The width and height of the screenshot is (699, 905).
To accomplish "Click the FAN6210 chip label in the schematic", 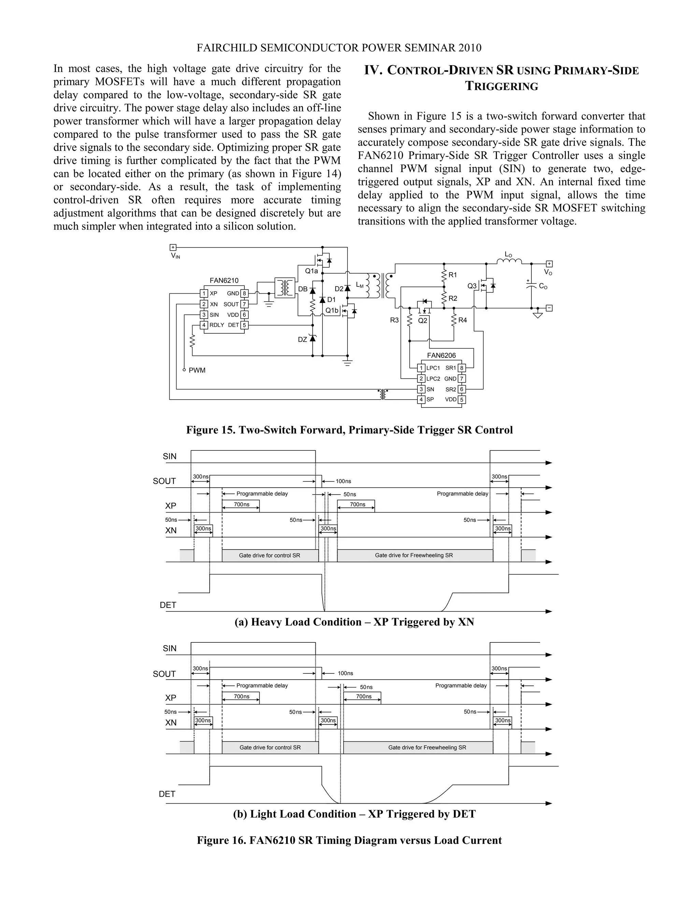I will (x=224, y=280).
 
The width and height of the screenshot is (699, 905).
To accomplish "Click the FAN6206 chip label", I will (x=441, y=355).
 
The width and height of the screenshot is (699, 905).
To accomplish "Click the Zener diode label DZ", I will (x=302, y=339).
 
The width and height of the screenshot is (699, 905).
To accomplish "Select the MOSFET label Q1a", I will (x=311, y=271).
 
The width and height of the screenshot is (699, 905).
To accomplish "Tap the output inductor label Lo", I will (x=508, y=254).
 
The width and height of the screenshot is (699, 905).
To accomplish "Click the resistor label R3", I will (x=394, y=320).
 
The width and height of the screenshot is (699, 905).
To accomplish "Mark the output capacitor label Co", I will (x=543, y=286).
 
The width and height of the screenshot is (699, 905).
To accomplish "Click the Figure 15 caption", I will (x=349, y=430).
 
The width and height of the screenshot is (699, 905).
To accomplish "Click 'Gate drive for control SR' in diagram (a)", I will (x=269, y=555).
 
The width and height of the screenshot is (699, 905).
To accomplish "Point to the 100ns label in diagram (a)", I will (x=343, y=481).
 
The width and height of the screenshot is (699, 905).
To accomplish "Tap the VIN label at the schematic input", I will (x=175, y=256).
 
